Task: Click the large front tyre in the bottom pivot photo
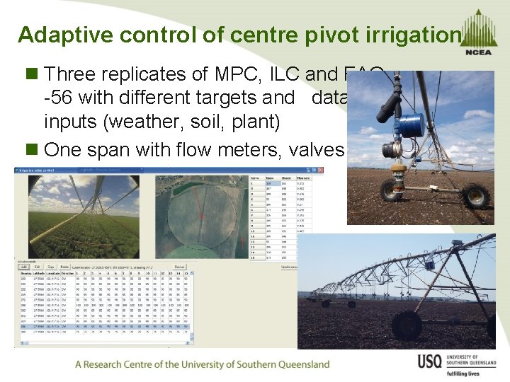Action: coord(407,325)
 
